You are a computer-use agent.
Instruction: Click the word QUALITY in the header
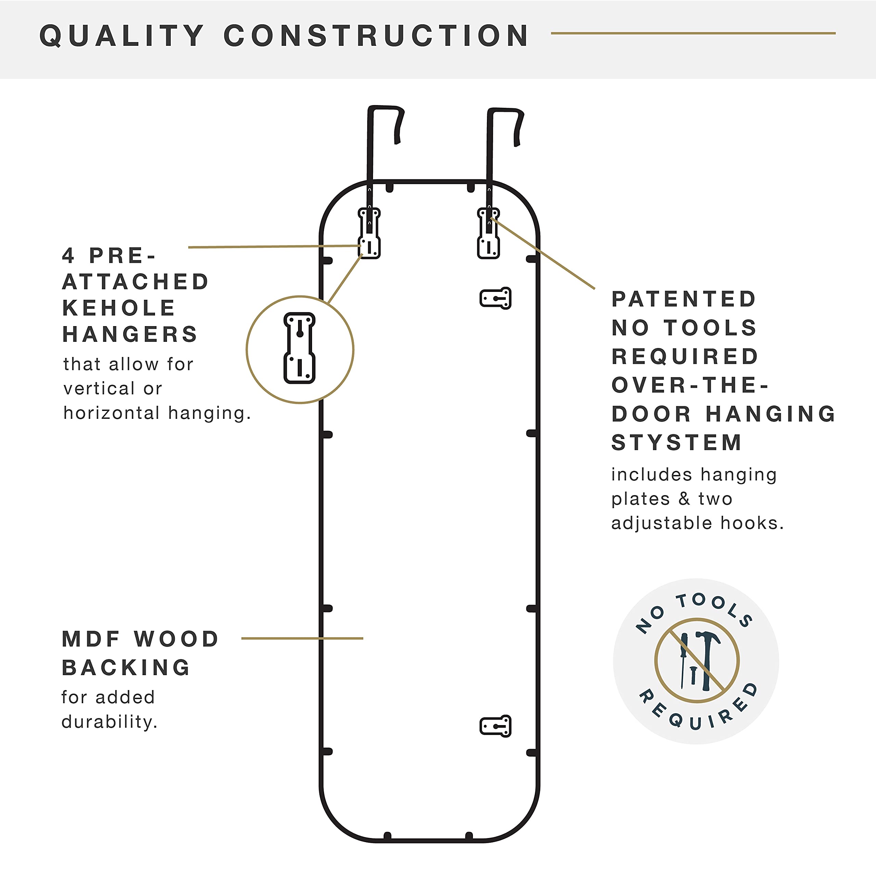click(x=122, y=36)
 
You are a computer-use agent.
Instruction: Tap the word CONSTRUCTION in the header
click(x=376, y=36)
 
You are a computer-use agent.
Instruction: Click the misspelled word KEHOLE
click(x=119, y=308)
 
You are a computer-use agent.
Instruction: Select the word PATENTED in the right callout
click(x=684, y=299)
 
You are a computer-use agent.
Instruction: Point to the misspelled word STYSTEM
click(x=677, y=442)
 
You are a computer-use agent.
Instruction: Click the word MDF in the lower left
click(x=91, y=639)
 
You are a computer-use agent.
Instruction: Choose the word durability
click(x=109, y=721)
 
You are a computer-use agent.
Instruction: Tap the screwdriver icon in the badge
click(x=683, y=660)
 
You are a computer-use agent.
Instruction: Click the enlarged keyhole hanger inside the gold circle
click(x=299, y=348)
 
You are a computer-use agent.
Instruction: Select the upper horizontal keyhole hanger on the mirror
click(x=495, y=298)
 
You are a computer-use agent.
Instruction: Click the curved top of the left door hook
click(x=385, y=108)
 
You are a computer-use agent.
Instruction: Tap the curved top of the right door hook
click(x=505, y=110)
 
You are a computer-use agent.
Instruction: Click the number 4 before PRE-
click(x=68, y=256)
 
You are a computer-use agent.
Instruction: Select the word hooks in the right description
click(x=752, y=523)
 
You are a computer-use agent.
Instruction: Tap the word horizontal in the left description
click(x=112, y=413)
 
